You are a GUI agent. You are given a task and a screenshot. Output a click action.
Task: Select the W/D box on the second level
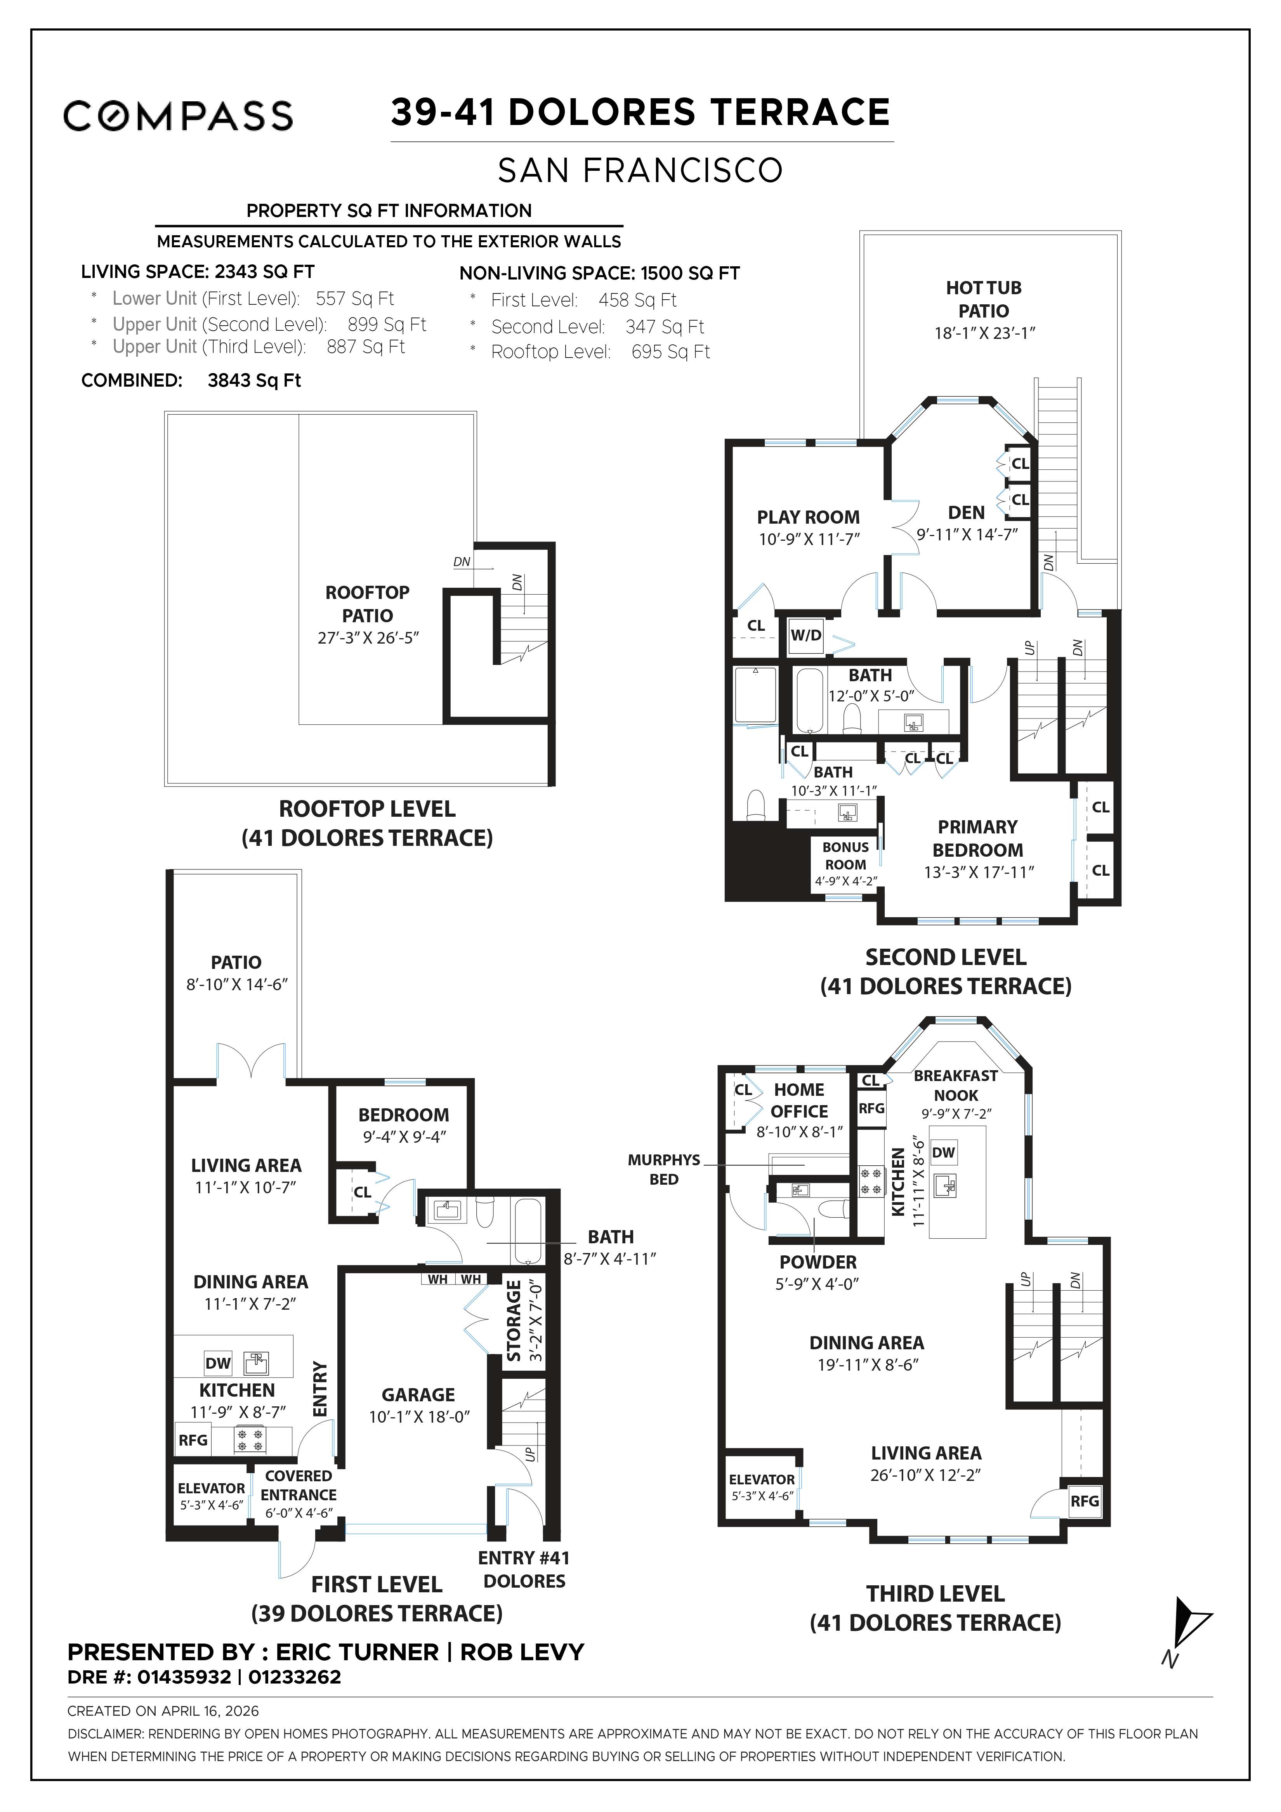point(806,635)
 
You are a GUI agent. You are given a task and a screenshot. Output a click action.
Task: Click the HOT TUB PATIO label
point(983,299)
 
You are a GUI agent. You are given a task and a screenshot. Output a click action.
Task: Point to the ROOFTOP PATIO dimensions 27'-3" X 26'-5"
point(368,638)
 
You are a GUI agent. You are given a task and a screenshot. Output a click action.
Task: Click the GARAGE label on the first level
point(418,1394)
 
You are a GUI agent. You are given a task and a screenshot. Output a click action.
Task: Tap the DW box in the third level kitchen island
point(943,1152)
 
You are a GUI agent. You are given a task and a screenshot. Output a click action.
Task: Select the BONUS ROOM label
point(845,856)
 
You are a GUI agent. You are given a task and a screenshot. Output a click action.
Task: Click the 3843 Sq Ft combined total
point(254,380)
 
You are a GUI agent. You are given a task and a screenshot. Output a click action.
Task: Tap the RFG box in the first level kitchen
point(193,1439)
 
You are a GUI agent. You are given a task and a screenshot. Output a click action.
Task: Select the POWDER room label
point(818,1262)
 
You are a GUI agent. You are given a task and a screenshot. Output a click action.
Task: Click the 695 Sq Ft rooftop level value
point(670,352)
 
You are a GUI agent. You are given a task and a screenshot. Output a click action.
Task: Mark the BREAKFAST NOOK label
point(955,1085)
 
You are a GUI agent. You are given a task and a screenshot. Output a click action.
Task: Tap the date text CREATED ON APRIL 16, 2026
point(163,1711)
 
